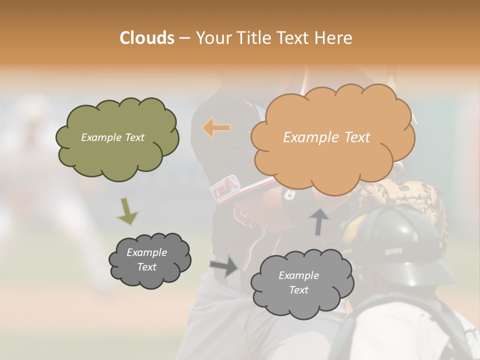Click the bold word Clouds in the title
click(146, 38)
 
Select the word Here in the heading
click(333, 38)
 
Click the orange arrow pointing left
click(216, 128)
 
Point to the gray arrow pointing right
click(224, 265)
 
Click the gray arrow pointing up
click(319, 221)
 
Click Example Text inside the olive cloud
click(112, 137)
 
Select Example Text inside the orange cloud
click(326, 137)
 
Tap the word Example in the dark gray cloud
click(146, 252)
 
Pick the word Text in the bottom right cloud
click(298, 290)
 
